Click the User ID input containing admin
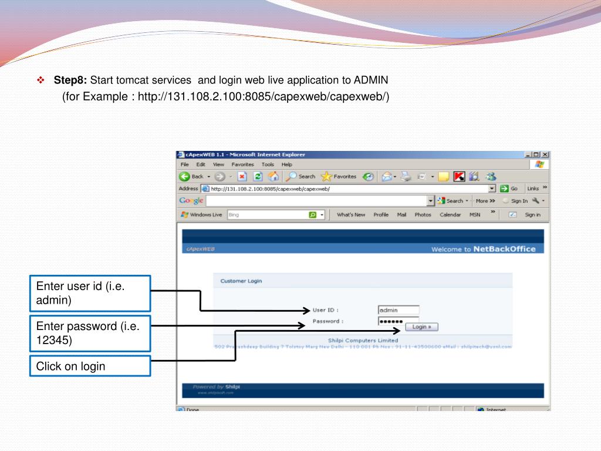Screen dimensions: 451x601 tap(399, 310)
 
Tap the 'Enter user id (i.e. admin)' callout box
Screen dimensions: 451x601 tap(90, 293)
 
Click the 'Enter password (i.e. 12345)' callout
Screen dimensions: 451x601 tap(90, 333)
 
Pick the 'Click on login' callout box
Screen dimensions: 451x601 tap(90, 366)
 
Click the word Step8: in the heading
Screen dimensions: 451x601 tap(70, 80)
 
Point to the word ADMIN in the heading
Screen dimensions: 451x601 tap(371, 80)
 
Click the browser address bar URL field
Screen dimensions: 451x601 tap(346, 189)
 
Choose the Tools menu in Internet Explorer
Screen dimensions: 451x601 tap(268, 164)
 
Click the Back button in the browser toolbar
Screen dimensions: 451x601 tap(192, 176)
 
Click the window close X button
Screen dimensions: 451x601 tap(545, 154)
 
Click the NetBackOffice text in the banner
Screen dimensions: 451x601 tap(504, 249)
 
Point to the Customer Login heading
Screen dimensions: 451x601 tap(241, 281)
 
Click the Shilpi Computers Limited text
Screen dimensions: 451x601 tap(363, 340)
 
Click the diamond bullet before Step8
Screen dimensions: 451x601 tap(40, 80)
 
